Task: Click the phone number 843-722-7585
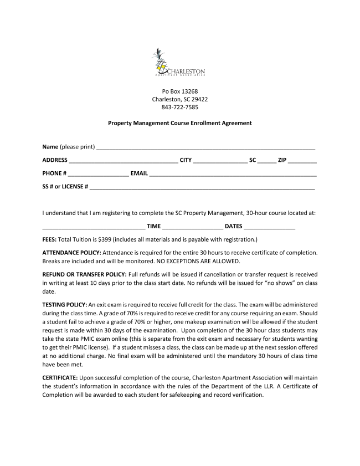tap(179, 107)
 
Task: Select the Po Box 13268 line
tap(179, 91)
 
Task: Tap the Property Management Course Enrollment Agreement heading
tap(179, 123)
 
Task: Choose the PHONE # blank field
tap(98, 175)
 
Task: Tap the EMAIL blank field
tap(233, 175)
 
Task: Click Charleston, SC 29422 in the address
tap(179, 99)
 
